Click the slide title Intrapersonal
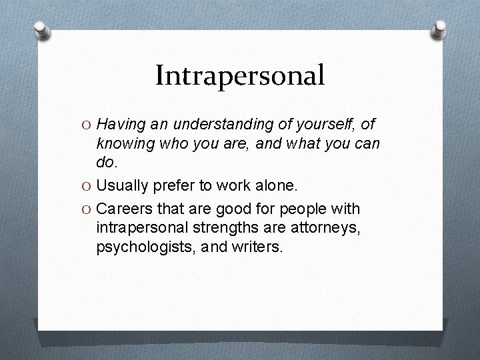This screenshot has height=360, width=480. click(x=239, y=75)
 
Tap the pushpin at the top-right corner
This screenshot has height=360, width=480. click(x=439, y=28)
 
